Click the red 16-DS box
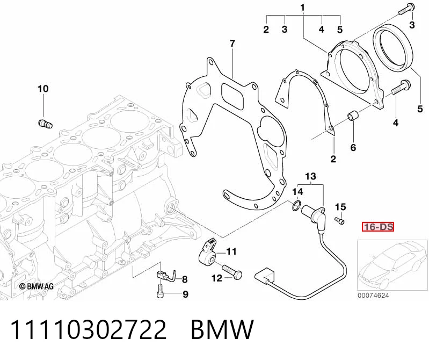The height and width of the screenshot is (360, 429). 378,227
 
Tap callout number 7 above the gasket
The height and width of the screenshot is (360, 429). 232,44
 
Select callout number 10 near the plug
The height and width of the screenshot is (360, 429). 43,89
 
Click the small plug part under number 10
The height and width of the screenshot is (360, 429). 45,124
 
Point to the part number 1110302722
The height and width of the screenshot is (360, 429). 88,329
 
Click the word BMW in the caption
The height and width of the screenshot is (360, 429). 222,329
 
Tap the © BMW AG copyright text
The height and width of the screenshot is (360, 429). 37,286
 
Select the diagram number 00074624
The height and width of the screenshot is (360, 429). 373,296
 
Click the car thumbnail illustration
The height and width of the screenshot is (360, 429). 392,265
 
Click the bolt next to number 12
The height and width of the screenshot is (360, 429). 232,271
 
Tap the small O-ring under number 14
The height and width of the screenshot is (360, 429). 296,206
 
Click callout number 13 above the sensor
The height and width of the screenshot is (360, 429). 310,176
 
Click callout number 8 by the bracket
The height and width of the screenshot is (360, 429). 185,279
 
